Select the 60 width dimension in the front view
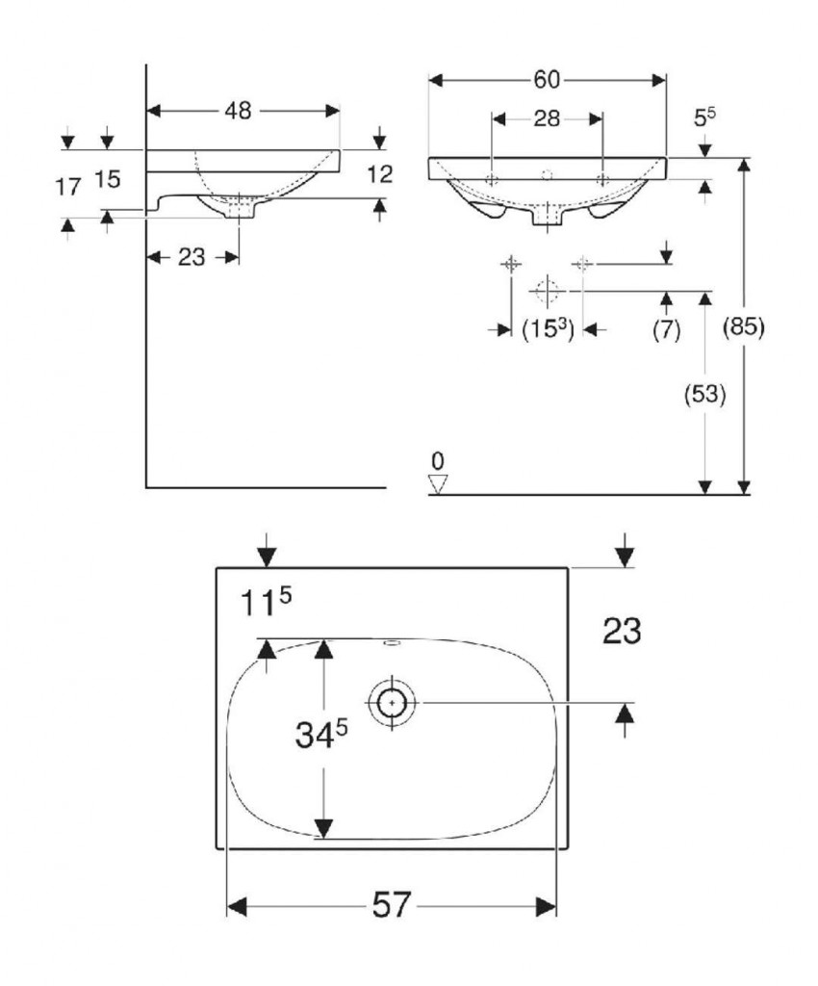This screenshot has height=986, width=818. coord(548,79)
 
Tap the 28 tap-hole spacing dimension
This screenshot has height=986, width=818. coord(547,118)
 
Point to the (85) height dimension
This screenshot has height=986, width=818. coord(743,327)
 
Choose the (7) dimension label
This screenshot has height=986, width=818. coord(666,329)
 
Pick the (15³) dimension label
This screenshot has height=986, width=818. coord(548,329)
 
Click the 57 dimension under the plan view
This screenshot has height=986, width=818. coord(391,906)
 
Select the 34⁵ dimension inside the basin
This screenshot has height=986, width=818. coord(320,736)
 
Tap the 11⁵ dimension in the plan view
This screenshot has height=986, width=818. coord(265,605)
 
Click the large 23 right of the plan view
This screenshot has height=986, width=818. coord(622,632)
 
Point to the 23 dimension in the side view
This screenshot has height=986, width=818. coord(192,257)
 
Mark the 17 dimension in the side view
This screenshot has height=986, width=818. coord(67,187)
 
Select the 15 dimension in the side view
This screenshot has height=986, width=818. coord(108,179)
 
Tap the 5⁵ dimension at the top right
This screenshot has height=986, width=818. coord(704,117)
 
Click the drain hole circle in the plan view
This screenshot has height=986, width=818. coord(392,703)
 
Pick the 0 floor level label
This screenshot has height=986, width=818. coord(438,459)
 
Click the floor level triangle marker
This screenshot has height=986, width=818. coord(439,483)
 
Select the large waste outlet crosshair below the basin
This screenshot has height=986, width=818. coord(546,289)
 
